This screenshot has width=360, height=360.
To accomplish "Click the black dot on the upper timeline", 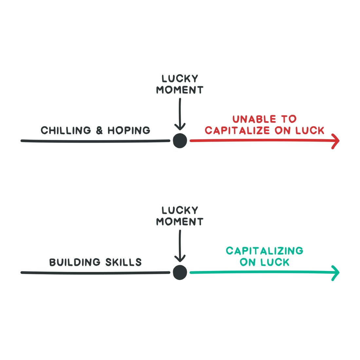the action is [180, 141].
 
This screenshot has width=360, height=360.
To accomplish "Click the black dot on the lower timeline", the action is [180, 272].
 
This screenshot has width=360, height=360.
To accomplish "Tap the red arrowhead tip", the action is [338, 141].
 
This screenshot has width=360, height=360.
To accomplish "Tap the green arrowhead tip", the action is [338, 273].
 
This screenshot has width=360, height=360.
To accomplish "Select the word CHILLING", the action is [66, 130].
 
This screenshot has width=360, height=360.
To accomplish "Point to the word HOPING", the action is [129, 130].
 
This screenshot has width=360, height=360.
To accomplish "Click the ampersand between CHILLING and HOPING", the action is [99, 131].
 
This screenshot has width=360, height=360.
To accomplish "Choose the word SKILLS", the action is [123, 262].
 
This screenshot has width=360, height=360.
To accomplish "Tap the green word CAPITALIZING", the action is [264, 251].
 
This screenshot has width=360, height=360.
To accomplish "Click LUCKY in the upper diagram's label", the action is [180, 79].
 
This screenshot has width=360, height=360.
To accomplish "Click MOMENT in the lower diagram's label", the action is [180, 222].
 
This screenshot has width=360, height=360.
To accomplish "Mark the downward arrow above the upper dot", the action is [180, 115].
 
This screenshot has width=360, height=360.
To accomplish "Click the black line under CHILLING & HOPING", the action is [95, 141].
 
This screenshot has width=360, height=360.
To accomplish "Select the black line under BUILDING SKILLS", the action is [95, 273].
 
